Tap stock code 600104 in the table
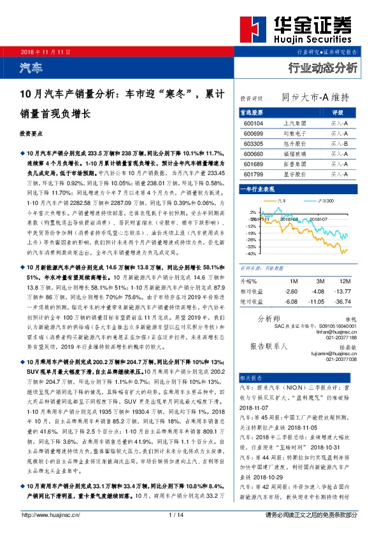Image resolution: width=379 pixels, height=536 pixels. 254,123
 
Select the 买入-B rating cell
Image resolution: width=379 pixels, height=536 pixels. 339,143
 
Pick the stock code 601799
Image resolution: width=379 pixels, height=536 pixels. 254,174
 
